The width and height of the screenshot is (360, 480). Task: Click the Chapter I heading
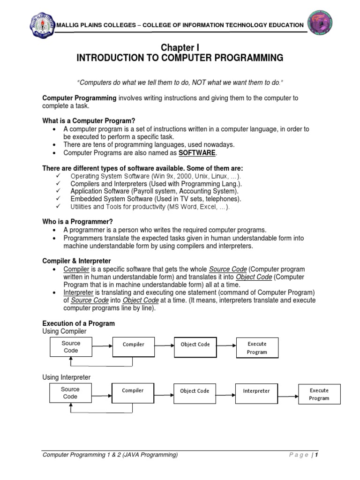(180, 48)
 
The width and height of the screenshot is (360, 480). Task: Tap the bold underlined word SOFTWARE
(197, 153)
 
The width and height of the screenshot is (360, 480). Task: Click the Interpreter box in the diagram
(256, 391)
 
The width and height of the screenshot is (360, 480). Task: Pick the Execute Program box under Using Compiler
(257, 348)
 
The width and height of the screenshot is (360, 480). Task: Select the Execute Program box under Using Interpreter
(319, 394)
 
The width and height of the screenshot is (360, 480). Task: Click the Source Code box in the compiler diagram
(71, 347)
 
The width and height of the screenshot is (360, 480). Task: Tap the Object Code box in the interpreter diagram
(195, 391)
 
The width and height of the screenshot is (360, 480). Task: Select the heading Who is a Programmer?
(78, 221)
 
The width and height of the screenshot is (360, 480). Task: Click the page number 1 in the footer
(317, 455)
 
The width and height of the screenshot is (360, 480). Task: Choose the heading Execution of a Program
(78, 323)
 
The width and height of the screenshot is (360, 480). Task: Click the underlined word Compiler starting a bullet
(76, 269)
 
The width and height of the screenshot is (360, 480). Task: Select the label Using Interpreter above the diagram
(66, 377)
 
